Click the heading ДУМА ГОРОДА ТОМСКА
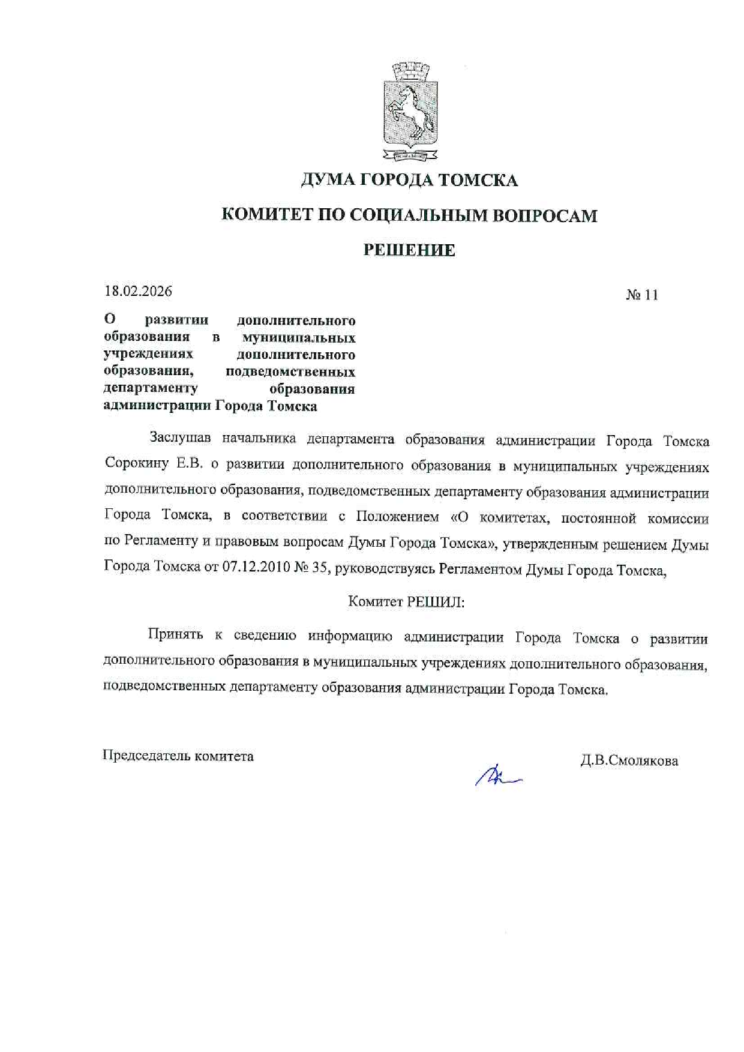[409, 180]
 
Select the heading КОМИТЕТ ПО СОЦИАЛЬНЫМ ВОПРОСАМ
[409, 215]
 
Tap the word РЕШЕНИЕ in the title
[409, 250]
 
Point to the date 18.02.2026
[138, 291]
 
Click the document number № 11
[642, 295]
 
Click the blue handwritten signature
[497, 777]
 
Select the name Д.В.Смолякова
[629, 760]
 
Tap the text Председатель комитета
[178, 756]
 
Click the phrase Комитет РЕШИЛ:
[406, 601]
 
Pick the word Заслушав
[180, 438]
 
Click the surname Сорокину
[136, 463]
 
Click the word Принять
[176, 634]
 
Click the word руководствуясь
[384, 568]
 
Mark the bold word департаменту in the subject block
[151, 388]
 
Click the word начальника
[259, 439]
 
